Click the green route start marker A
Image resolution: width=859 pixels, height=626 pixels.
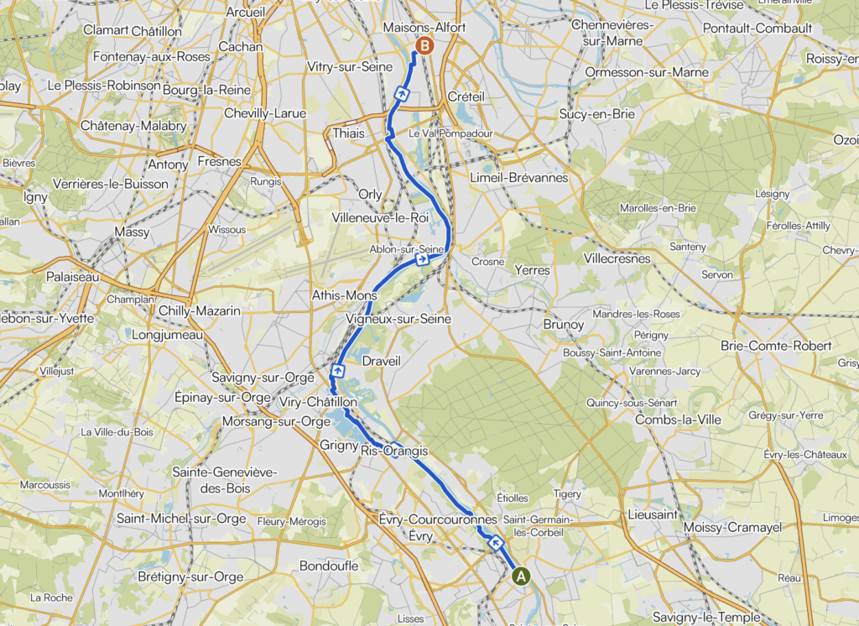tap(521, 576)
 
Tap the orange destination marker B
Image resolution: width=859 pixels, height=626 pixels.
tap(424, 45)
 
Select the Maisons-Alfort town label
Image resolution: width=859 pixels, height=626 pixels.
tap(424, 28)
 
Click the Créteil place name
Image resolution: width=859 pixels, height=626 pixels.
tap(466, 97)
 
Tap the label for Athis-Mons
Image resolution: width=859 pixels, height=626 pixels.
tap(345, 295)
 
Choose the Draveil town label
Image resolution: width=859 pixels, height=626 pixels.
tap(382, 360)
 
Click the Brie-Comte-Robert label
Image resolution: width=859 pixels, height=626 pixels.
tap(776, 346)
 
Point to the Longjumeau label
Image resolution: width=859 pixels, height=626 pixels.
tap(169, 335)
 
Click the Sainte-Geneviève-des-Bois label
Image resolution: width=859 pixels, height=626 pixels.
tap(224, 479)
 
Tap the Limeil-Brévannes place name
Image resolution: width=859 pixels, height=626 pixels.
tap(519, 178)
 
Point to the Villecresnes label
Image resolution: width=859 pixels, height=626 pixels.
tap(617, 258)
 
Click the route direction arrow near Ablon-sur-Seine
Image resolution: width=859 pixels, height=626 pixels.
tap(423, 260)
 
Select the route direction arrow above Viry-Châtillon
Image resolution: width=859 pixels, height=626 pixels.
tap(338, 370)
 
